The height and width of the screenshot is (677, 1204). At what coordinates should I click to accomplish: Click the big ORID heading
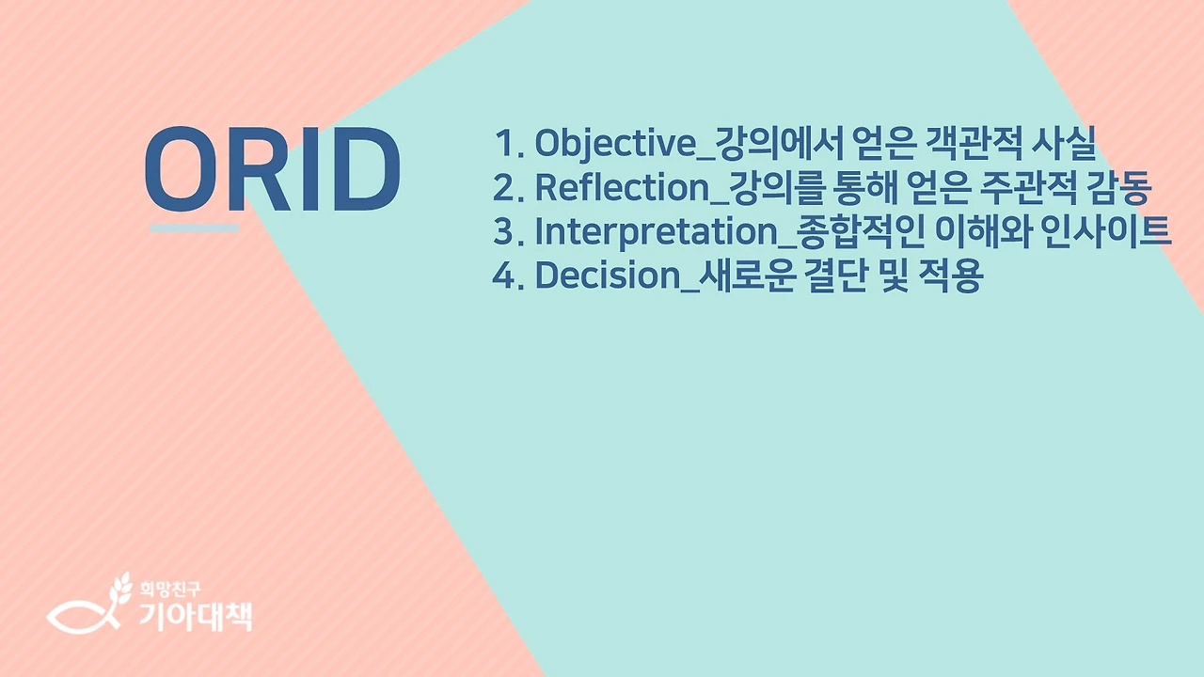coord(273,169)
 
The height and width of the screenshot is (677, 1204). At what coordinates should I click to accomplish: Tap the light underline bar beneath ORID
coord(195,228)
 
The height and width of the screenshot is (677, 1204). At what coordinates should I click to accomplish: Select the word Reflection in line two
coord(620,187)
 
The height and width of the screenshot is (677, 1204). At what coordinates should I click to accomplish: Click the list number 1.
coord(506,144)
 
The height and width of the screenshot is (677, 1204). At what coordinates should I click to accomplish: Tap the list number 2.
coord(506,188)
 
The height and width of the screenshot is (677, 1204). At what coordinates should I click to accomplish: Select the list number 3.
coord(506,232)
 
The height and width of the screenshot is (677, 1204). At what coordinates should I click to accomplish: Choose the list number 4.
coord(506,276)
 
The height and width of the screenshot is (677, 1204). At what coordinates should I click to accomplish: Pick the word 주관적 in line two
coord(1007,187)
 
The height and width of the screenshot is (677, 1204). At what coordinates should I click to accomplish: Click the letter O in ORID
coord(183,169)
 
